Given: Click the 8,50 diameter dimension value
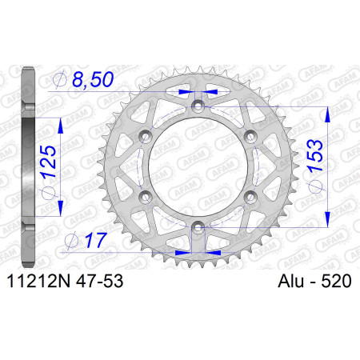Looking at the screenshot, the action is tap(93, 79).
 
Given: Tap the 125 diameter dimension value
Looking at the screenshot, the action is tap(48, 162).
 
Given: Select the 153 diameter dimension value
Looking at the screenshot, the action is tap(315, 156).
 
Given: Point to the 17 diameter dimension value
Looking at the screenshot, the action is tap(96, 240).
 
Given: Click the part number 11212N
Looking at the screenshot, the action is tap(38, 281).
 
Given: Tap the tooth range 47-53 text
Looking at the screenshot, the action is tap(99, 281).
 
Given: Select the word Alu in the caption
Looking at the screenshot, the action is tap(290, 281).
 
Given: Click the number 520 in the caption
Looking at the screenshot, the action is tap(336, 281).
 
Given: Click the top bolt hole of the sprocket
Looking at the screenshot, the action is tap(198, 106).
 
